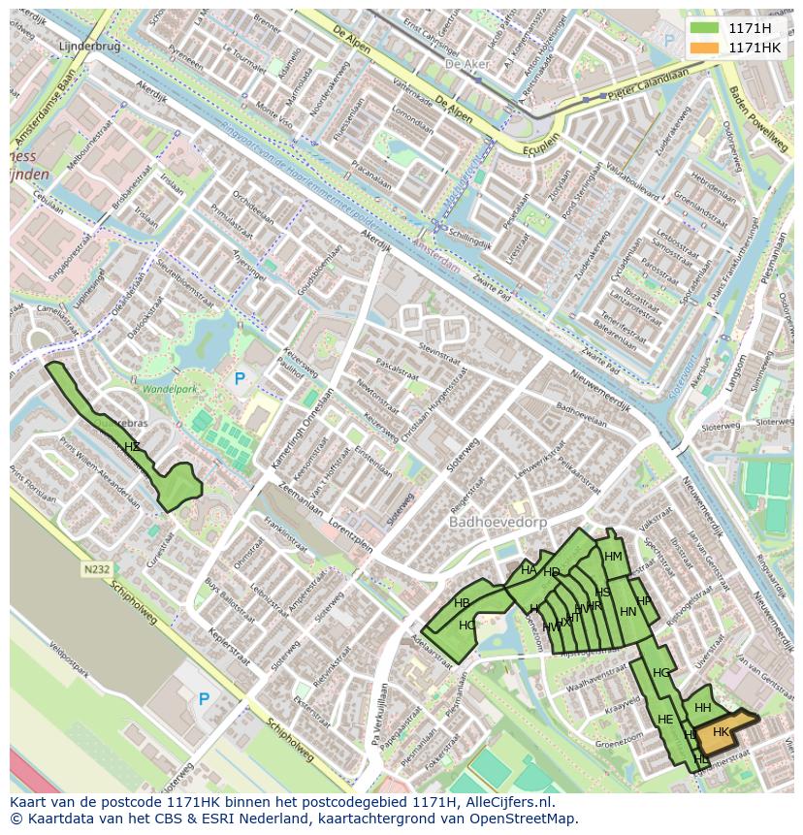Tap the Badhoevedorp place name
pos(498,522)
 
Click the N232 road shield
pos(96,570)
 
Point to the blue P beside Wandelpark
pos(240,378)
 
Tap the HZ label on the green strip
pos(132,446)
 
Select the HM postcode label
pos(613,556)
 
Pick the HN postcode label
pos(627,611)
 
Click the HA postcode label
pos(529,569)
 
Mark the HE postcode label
pos(665,719)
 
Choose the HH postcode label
pos(702,708)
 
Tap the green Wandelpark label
pos(170,389)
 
